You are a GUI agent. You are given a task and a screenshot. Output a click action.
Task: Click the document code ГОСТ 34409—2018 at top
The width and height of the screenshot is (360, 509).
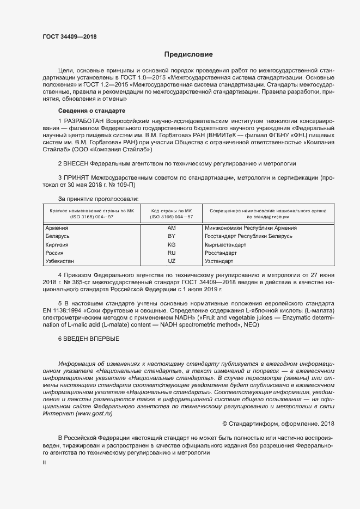[69, 38]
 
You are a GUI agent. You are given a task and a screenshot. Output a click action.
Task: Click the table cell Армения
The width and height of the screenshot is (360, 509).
[57, 228]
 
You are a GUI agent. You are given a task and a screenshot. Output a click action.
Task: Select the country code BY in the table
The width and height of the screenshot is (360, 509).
[172, 236]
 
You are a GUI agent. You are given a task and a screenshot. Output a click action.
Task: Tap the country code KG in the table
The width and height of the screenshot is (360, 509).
[172, 245]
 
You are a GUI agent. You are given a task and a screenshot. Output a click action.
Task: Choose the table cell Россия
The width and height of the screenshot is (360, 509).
[55, 253]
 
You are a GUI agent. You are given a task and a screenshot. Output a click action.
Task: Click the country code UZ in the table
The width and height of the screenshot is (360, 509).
[172, 262]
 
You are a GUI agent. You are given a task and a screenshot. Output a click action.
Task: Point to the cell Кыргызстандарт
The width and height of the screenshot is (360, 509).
[225, 245]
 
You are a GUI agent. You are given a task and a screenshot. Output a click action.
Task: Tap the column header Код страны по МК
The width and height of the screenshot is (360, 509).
[172, 210]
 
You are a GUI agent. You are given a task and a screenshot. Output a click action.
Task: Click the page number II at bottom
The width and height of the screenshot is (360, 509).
[45, 462]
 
